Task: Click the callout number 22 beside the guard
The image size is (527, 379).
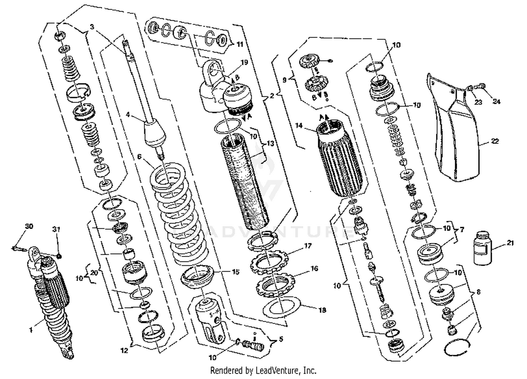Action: click(495, 141)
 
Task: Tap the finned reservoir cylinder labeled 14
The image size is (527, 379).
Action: click(340, 160)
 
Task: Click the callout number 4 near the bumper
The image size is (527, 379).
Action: click(128, 114)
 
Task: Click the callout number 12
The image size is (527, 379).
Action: click(124, 350)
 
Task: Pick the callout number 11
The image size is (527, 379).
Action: click(240, 45)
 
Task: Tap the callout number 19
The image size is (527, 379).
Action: click(244, 62)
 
